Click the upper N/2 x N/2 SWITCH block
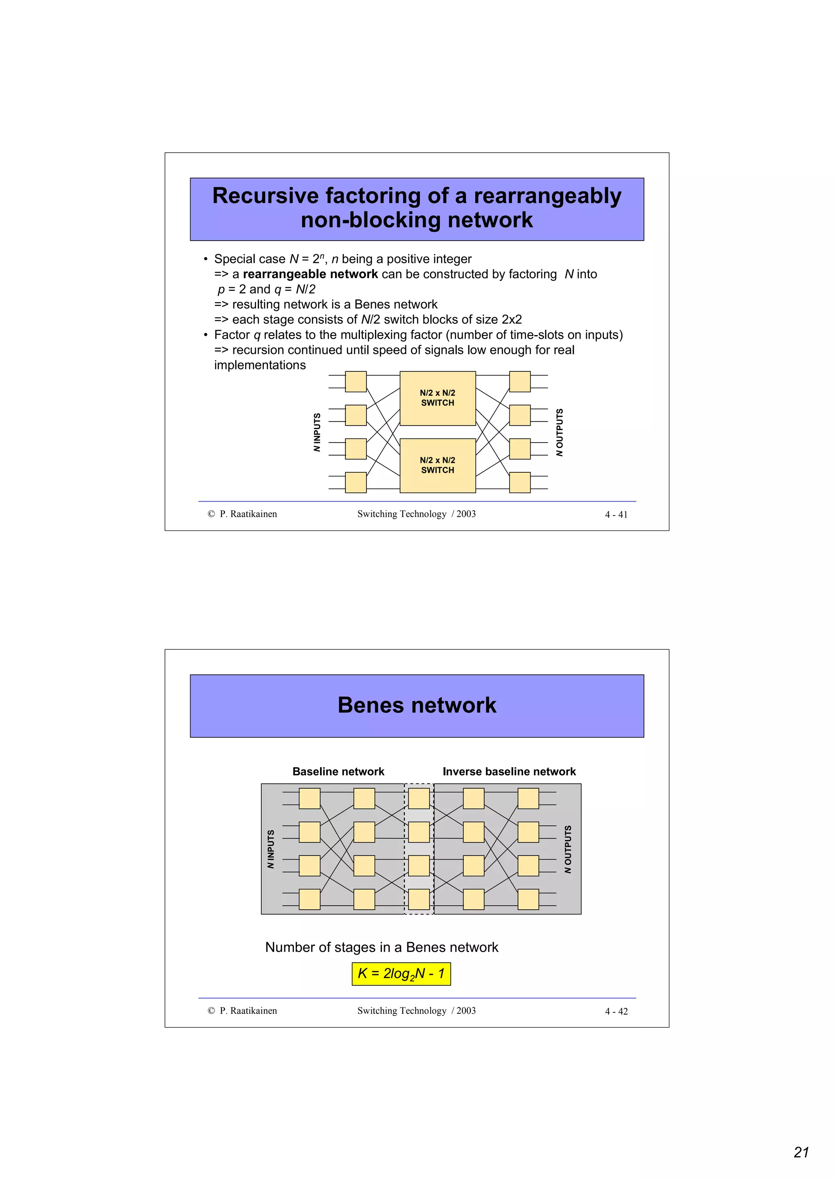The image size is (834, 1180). (x=437, y=398)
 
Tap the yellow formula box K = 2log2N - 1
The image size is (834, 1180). (x=401, y=974)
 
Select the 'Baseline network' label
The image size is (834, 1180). (x=338, y=772)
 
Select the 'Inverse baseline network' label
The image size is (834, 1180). (x=509, y=772)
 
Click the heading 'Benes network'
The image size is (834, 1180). (x=417, y=705)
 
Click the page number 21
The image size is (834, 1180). (x=801, y=1152)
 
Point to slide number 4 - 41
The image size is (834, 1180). (x=616, y=514)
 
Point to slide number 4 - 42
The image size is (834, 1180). (x=616, y=1011)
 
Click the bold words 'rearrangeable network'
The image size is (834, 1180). (x=310, y=274)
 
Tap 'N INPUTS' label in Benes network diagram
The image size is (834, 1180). (x=271, y=849)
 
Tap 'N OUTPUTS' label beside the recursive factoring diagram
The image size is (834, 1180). (x=560, y=432)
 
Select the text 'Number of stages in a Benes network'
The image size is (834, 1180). (x=381, y=947)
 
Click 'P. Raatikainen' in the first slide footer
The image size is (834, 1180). (x=248, y=514)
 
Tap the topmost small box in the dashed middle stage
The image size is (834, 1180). (x=419, y=798)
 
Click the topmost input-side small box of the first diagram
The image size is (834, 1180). (x=356, y=382)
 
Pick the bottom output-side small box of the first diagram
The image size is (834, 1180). (x=520, y=483)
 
